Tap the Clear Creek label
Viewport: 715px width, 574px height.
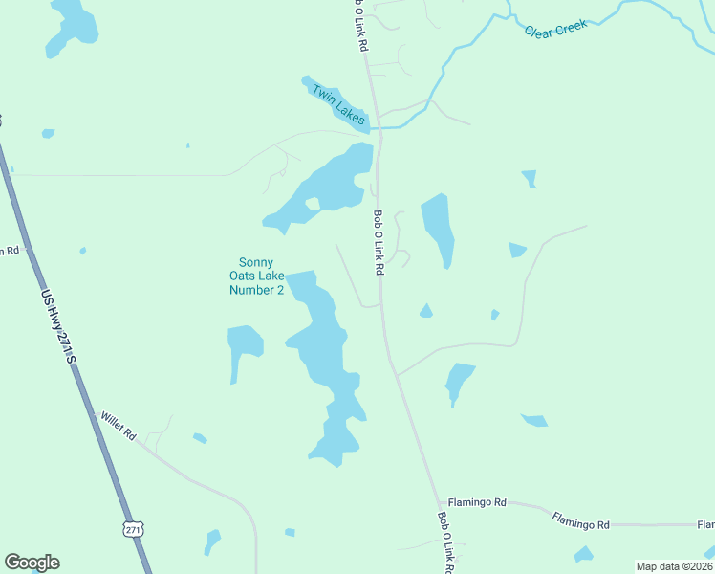(x=555, y=29)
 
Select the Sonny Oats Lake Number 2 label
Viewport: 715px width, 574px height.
(x=256, y=276)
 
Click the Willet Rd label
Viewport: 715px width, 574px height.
(x=119, y=426)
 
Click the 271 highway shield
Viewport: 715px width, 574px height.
(x=133, y=529)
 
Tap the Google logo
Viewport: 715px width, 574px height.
(x=32, y=563)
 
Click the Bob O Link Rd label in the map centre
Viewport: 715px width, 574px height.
(x=379, y=243)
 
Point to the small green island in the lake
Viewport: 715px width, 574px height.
(x=313, y=203)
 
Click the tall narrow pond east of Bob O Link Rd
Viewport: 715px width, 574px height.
(x=437, y=228)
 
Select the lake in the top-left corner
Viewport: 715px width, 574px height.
(x=71, y=26)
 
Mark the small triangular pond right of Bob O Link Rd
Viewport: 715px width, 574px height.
(x=425, y=310)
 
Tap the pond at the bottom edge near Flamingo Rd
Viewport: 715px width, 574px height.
(x=583, y=554)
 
